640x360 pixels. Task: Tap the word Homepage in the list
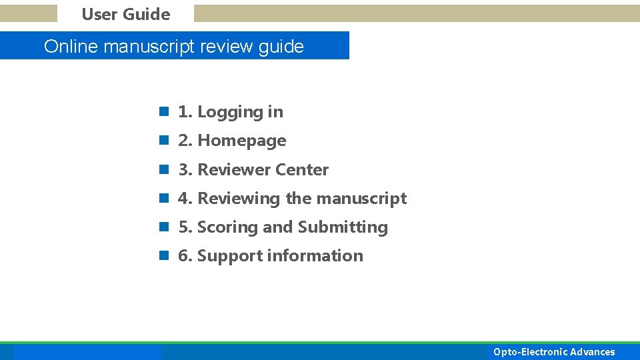click(x=242, y=141)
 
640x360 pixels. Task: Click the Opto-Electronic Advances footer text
click(x=554, y=352)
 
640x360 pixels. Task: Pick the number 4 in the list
click(x=184, y=199)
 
